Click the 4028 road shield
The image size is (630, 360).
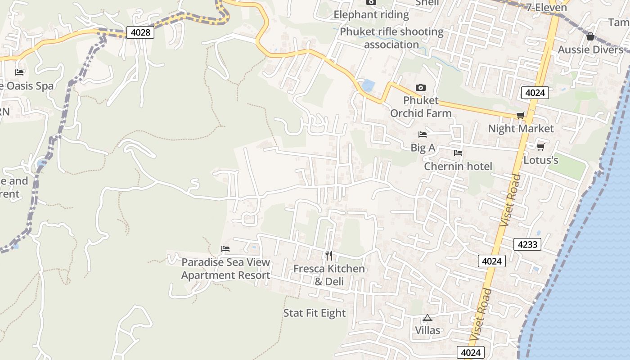[x=140, y=32]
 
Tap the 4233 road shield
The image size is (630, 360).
[x=527, y=244]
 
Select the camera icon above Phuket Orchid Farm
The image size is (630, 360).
[x=421, y=87]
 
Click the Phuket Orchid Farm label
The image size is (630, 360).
[x=421, y=107]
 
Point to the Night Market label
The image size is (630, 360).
[x=521, y=129]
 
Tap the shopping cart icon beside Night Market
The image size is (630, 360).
[x=521, y=116]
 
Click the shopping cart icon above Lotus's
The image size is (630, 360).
[x=541, y=147]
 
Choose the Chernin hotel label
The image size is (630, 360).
[x=458, y=166]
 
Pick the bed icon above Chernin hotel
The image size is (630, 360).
[x=458, y=153]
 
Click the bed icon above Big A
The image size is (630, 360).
[x=423, y=135]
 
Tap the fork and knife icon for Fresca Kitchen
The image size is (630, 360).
[x=329, y=256]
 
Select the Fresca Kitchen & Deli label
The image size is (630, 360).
[x=329, y=275]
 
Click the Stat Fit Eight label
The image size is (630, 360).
[x=315, y=313]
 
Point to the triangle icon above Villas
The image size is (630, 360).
[x=427, y=318]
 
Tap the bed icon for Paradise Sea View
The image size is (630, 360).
[x=225, y=249]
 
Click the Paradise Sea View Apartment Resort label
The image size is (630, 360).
[x=225, y=269]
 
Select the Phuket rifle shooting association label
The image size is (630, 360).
[x=391, y=38]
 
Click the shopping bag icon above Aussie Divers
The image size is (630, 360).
[x=590, y=36]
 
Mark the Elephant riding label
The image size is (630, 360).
[x=371, y=15]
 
